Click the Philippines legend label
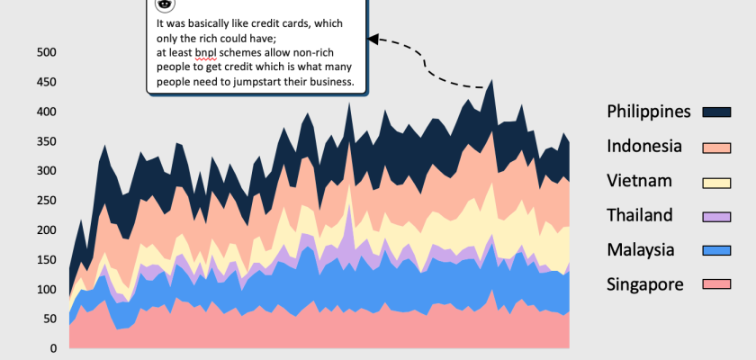point(649,112)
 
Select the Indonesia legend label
point(644,146)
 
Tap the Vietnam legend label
point(639,181)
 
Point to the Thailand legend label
point(640,215)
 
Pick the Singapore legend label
point(645,284)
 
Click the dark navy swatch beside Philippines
point(716,112)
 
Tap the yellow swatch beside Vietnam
point(716,182)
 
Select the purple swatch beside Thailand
point(716,216)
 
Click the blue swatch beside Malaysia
point(716,250)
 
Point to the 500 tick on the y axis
point(46,52)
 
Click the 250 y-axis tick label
point(46,201)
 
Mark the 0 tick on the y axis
point(52,348)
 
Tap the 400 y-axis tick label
point(46,112)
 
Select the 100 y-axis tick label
point(46,289)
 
